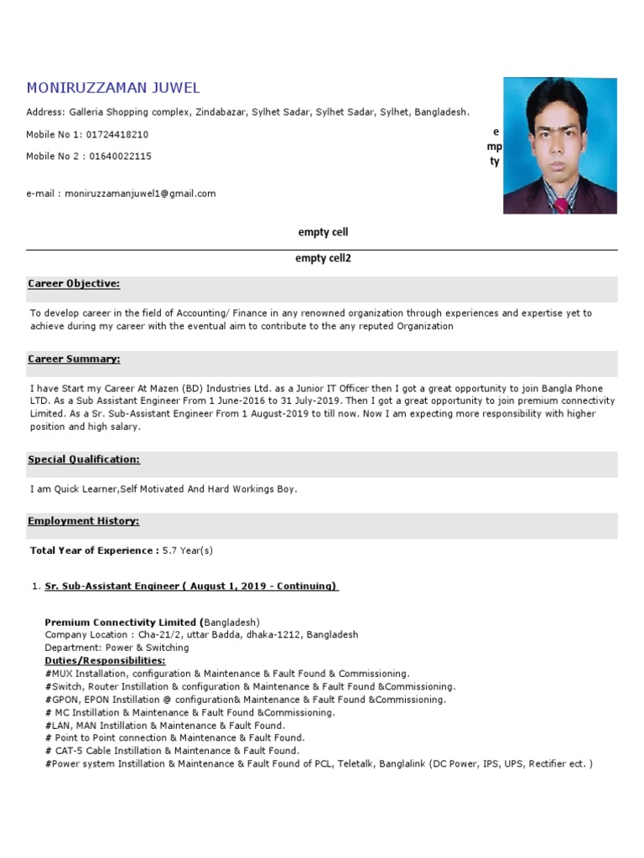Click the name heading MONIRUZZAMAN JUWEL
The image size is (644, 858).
tap(113, 88)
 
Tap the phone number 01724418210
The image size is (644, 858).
tap(117, 134)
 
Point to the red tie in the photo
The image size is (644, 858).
tap(560, 204)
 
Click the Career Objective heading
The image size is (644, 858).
tap(74, 284)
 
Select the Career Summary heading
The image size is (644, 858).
tap(74, 359)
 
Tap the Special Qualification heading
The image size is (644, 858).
tap(84, 460)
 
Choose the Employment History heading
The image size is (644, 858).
tap(84, 521)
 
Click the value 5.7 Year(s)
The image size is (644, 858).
tap(189, 550)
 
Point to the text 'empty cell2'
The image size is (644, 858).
tap(323, 259)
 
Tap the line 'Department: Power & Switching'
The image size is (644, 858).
tap(117, 648)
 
